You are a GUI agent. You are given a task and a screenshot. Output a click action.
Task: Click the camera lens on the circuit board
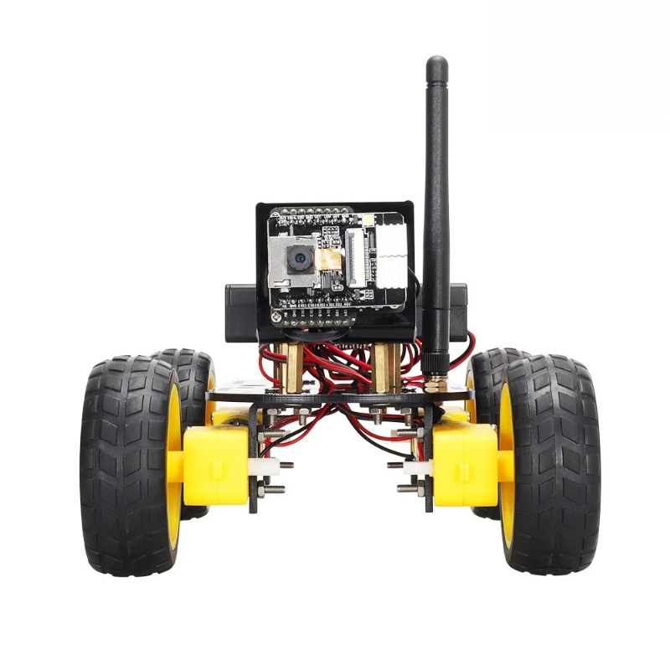point(297,260)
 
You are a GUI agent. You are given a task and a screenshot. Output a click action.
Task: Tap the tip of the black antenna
point(436,64)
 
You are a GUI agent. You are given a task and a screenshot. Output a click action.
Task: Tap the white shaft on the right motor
point(411,466)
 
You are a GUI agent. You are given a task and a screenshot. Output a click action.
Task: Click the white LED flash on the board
point(365,219)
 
